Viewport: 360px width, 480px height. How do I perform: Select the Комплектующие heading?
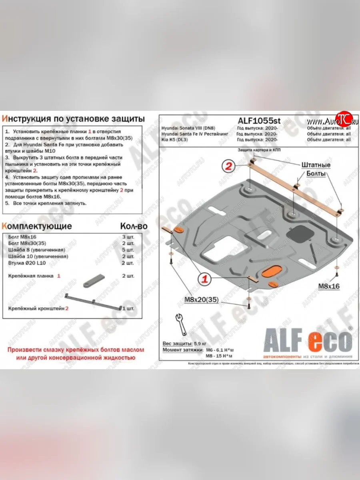(x=37, y=226)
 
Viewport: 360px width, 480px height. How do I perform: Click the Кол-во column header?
(x=134, y=226)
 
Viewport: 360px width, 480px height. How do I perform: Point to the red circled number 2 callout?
(x=229, y=167)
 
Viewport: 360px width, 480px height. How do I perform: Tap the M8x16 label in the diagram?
(x=329, y=286)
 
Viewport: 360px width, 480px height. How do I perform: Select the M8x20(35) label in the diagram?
(x=201, y=300)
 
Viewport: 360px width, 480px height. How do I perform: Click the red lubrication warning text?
(x=75, y=353)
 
